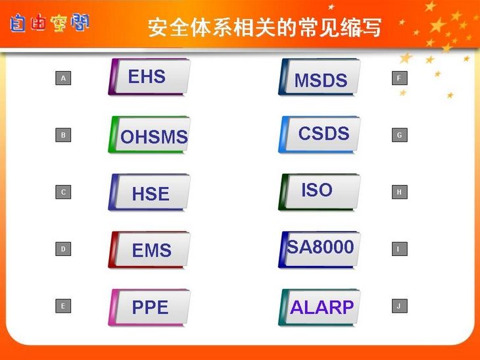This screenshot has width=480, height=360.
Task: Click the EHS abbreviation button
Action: pos(149,76)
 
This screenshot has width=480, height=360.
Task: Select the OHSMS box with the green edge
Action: pos(149,134)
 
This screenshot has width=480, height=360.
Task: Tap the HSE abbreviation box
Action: pos(149,192)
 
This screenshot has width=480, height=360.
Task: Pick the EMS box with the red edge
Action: pos(149,249)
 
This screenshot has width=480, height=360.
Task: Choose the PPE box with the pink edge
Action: pos(149,307)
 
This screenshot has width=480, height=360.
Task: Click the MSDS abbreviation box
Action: pos(320,76)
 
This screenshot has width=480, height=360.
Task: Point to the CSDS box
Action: pos(320,134)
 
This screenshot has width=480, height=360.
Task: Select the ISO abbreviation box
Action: pos(320,192)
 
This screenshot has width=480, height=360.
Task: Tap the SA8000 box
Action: pos(320,249)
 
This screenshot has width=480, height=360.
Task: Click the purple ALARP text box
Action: pos(320,307)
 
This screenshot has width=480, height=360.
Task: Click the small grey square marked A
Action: pos(63,78)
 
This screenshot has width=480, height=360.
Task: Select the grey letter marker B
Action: pos(63,135)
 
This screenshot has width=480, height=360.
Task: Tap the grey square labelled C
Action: pos(63,192)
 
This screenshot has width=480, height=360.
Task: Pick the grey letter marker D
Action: pos(63,249)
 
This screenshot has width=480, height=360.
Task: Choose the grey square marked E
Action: pos(63,306)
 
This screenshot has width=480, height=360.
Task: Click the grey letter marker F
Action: pos(400,78)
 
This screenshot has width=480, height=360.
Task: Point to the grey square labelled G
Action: pos(400,135)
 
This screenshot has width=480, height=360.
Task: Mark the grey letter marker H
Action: pos(400,192)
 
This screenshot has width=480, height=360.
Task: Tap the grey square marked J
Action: pos(400,306)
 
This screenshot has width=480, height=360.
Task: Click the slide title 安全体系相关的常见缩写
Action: pos(265,28)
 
